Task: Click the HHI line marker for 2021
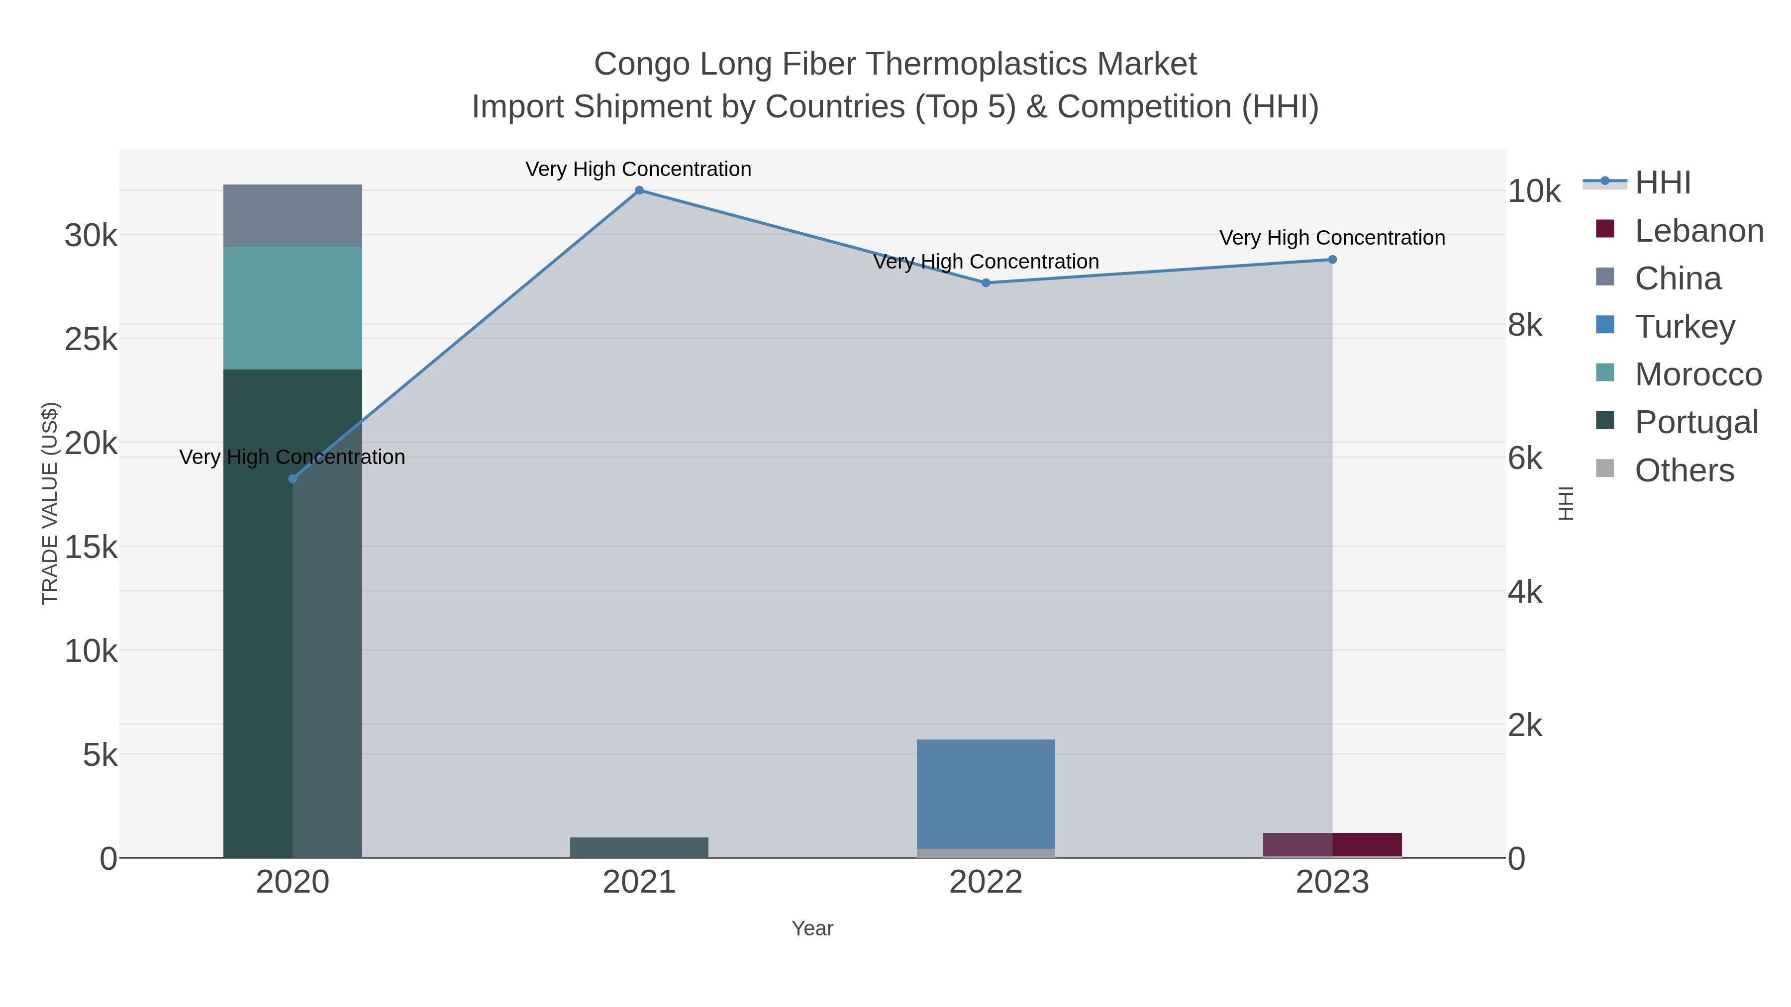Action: point(639,190)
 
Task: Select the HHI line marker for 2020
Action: point(293,479)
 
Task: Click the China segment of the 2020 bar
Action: point(293,215)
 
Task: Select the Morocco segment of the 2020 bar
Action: point(293,308)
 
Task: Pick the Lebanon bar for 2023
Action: point(1332,844)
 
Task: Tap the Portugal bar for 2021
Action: point(639,847)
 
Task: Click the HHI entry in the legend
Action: point(1662,183)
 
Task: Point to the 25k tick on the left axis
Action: point(91,340)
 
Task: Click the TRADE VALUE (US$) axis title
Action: point(50,503)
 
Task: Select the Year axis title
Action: point(812,928)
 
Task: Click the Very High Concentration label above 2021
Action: point(638,169)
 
